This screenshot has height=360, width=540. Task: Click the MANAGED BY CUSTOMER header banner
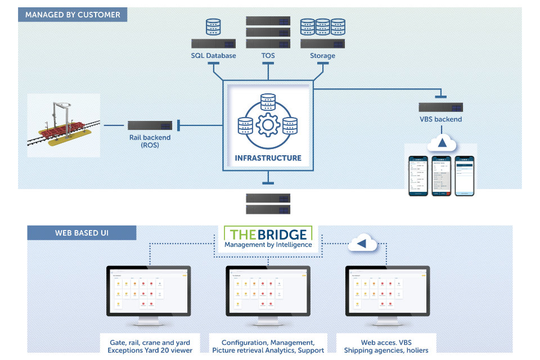pyautogui.click(x=73, y=15)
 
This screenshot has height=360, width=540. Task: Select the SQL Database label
pyautogui.click(x=213, y=56)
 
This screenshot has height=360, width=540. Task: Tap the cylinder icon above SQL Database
pyautogui.click(x=213, y=28)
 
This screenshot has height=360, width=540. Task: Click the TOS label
pyautogui.click(x=268, y=56)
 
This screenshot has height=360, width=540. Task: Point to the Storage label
pyautogui.click(x=322, y=56)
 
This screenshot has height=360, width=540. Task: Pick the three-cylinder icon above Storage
pyautogui.click(x=322, y=28)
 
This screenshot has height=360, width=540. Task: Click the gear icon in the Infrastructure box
pyautogui.click(x=268, y=124)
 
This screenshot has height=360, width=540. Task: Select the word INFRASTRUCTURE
pyautogui.click(x=268, y=158)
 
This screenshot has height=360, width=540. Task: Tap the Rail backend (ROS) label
pyautogui.click(x=149, y=141)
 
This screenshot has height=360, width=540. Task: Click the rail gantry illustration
pyautogui.click(x=63, y=125)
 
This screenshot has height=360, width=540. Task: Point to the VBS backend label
pyautogui.click(x=440, y=119)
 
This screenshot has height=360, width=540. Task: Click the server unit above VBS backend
pyautogui.click(x=440, y=107)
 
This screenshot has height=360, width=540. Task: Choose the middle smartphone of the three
pyautogui.click(x=442, y=175)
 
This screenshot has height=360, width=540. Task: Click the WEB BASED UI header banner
pyautogui.click(x=82, y=232)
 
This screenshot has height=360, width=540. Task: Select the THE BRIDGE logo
pyautogui.click(x=268, y=238)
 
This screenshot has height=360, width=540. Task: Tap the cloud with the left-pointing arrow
pyautogui.click(x=362, y=244)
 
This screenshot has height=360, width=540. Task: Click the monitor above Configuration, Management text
pyautogui.click(x=268, y=292)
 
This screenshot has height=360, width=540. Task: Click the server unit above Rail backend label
pyautogui.click(x=149, y=125)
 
